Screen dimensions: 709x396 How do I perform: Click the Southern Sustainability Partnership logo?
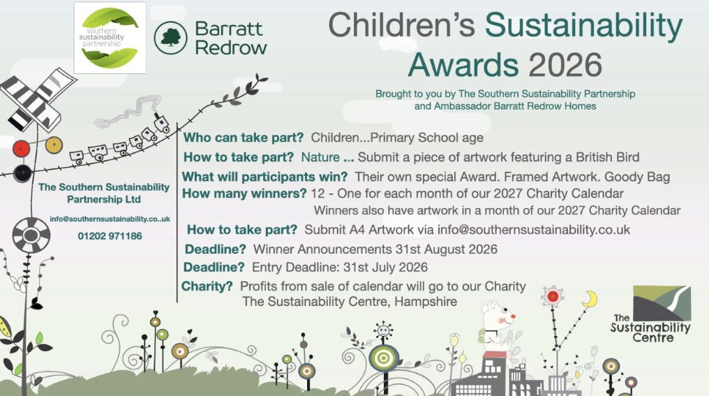tap(110, 38)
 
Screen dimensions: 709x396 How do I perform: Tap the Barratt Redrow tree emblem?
tap(170, 38)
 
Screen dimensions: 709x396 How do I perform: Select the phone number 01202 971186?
tap(110, 236)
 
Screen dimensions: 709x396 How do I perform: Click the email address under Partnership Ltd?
tap(110, 219)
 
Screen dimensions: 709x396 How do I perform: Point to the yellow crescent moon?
tap(590, 299)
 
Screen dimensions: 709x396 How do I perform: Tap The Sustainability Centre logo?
tap(650, 314)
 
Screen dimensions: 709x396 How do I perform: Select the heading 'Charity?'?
tap(207, 286)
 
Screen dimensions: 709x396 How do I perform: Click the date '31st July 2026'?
tap(385, 267)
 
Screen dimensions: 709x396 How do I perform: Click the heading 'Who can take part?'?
tap(244, 138)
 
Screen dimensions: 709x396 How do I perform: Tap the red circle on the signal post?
tap(21, 149)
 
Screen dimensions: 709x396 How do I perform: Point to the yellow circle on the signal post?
tap(54, 145)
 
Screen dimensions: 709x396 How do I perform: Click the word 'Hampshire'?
tap(426, 302)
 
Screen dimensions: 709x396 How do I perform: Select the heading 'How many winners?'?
tap(245, 193)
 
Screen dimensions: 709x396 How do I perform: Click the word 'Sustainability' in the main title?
tap(584, 25)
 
